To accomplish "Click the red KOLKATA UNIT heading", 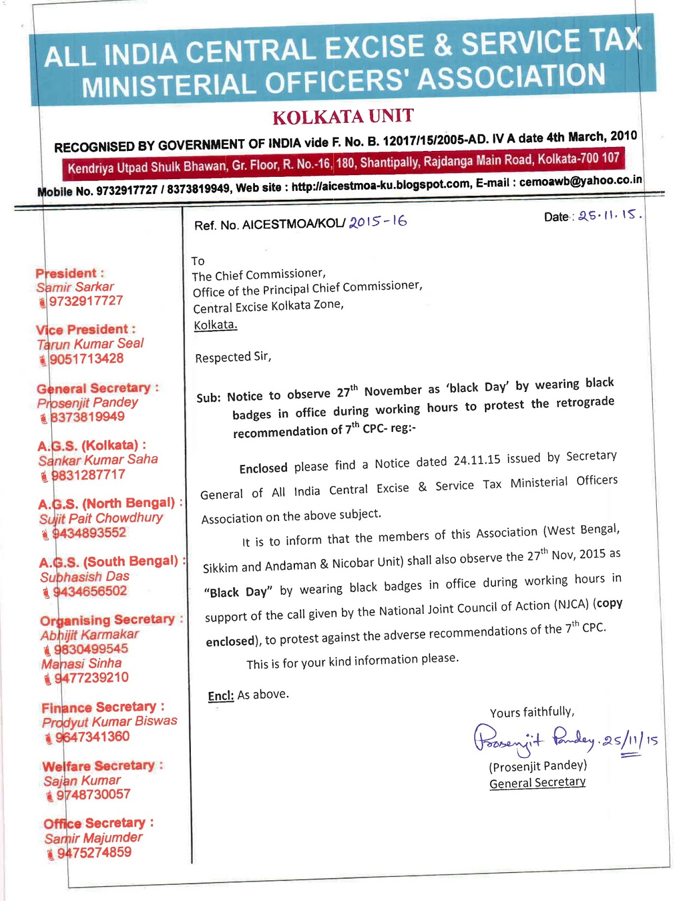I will point(343,117).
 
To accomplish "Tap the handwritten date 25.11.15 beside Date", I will point(610,215).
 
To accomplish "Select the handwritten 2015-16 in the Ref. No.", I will point(378,221).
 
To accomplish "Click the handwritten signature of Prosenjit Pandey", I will point(535,739).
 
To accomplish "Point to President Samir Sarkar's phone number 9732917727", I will point(86,301).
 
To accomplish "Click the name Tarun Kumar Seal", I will point(91,344).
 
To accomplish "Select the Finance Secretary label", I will point(103,707).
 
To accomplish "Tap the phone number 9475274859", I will point(94,852).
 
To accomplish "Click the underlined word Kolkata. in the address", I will point(216,325).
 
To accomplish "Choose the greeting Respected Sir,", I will point(233,357).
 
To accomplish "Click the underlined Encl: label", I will point(221,696).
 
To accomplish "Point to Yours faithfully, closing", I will point(532,712).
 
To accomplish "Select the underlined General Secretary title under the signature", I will point(537,783).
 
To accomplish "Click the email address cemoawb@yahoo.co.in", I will point(580,181).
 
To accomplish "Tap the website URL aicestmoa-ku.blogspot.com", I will point(380,185).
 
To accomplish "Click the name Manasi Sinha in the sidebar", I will point(82,663).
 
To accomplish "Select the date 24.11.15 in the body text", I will point(477,460).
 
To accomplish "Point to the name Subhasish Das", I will point(85,577).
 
